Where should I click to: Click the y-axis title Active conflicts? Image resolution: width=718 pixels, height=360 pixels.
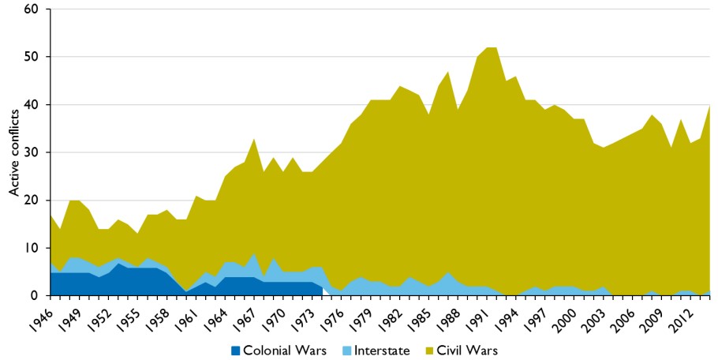click(14, 152)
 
